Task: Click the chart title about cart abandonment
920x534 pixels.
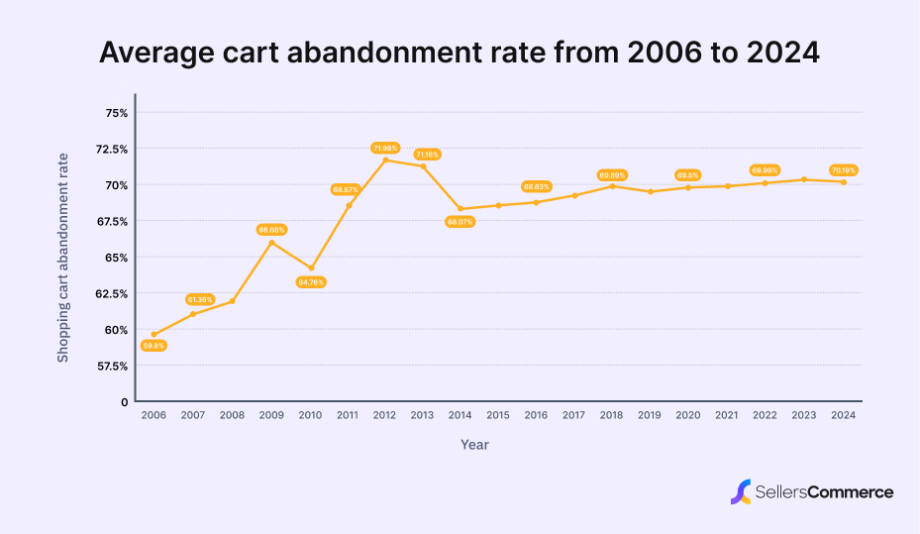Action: [x=460, y=53]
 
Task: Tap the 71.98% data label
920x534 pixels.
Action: [x=385, y=148]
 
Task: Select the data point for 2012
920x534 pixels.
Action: [x=385, y=160]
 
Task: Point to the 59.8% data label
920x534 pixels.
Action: [x=153, y=346]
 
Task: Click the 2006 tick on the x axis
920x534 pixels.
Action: [x=153, y=416]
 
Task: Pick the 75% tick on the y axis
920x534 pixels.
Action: [x=116, y=113]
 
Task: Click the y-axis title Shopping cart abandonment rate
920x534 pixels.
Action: [x=63, y=258]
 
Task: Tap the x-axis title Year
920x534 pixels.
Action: [x=474, y=445]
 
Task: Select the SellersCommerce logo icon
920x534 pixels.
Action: [x=740, y=491]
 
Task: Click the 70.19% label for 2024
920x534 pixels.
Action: [x=843, y=170]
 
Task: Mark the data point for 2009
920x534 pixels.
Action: [x=271, y=242]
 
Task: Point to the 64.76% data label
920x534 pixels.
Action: [x=310, y=282]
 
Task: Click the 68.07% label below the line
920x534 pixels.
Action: [x=460, y=222]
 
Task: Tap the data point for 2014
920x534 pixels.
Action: [x=460, y=209]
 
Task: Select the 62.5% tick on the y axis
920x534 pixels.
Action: [x=112, y=294]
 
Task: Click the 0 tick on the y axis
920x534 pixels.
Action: [x=124, y=402]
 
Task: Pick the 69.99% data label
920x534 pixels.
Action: [x=765, y=170]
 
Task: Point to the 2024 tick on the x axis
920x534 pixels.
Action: [x=843, y=416]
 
